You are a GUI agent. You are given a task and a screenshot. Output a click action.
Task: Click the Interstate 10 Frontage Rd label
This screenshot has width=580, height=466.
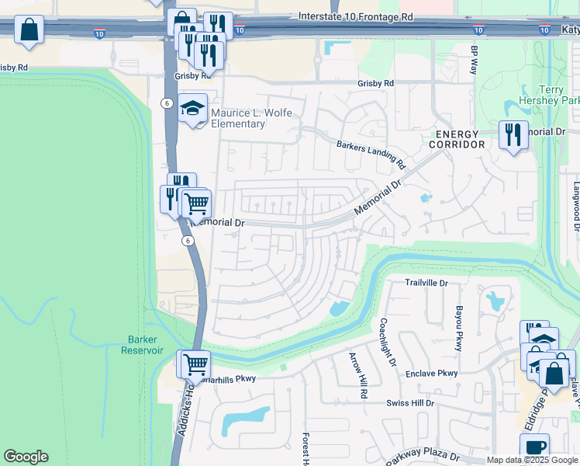click(356, 16)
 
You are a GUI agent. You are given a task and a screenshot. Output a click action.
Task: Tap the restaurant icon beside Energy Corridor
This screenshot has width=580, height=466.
click(513, 135)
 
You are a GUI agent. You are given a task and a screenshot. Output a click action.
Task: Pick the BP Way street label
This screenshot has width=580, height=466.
click(474, 60)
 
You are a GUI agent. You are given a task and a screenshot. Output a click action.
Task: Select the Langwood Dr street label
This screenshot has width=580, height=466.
click(575, 207)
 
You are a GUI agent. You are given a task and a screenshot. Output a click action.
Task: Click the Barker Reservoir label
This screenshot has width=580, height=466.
click(142, 345)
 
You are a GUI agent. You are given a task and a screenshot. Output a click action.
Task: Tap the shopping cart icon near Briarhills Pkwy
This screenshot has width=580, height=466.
click(195, 363)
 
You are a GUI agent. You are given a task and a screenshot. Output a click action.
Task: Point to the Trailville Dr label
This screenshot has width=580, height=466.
click(426, 283)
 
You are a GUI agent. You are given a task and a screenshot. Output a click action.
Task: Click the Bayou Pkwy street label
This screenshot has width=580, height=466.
click(458, 329)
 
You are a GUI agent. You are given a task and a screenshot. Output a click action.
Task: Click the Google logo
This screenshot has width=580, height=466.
click(26, 457)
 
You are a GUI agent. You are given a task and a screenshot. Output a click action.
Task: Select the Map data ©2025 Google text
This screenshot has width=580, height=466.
click(531, 461)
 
